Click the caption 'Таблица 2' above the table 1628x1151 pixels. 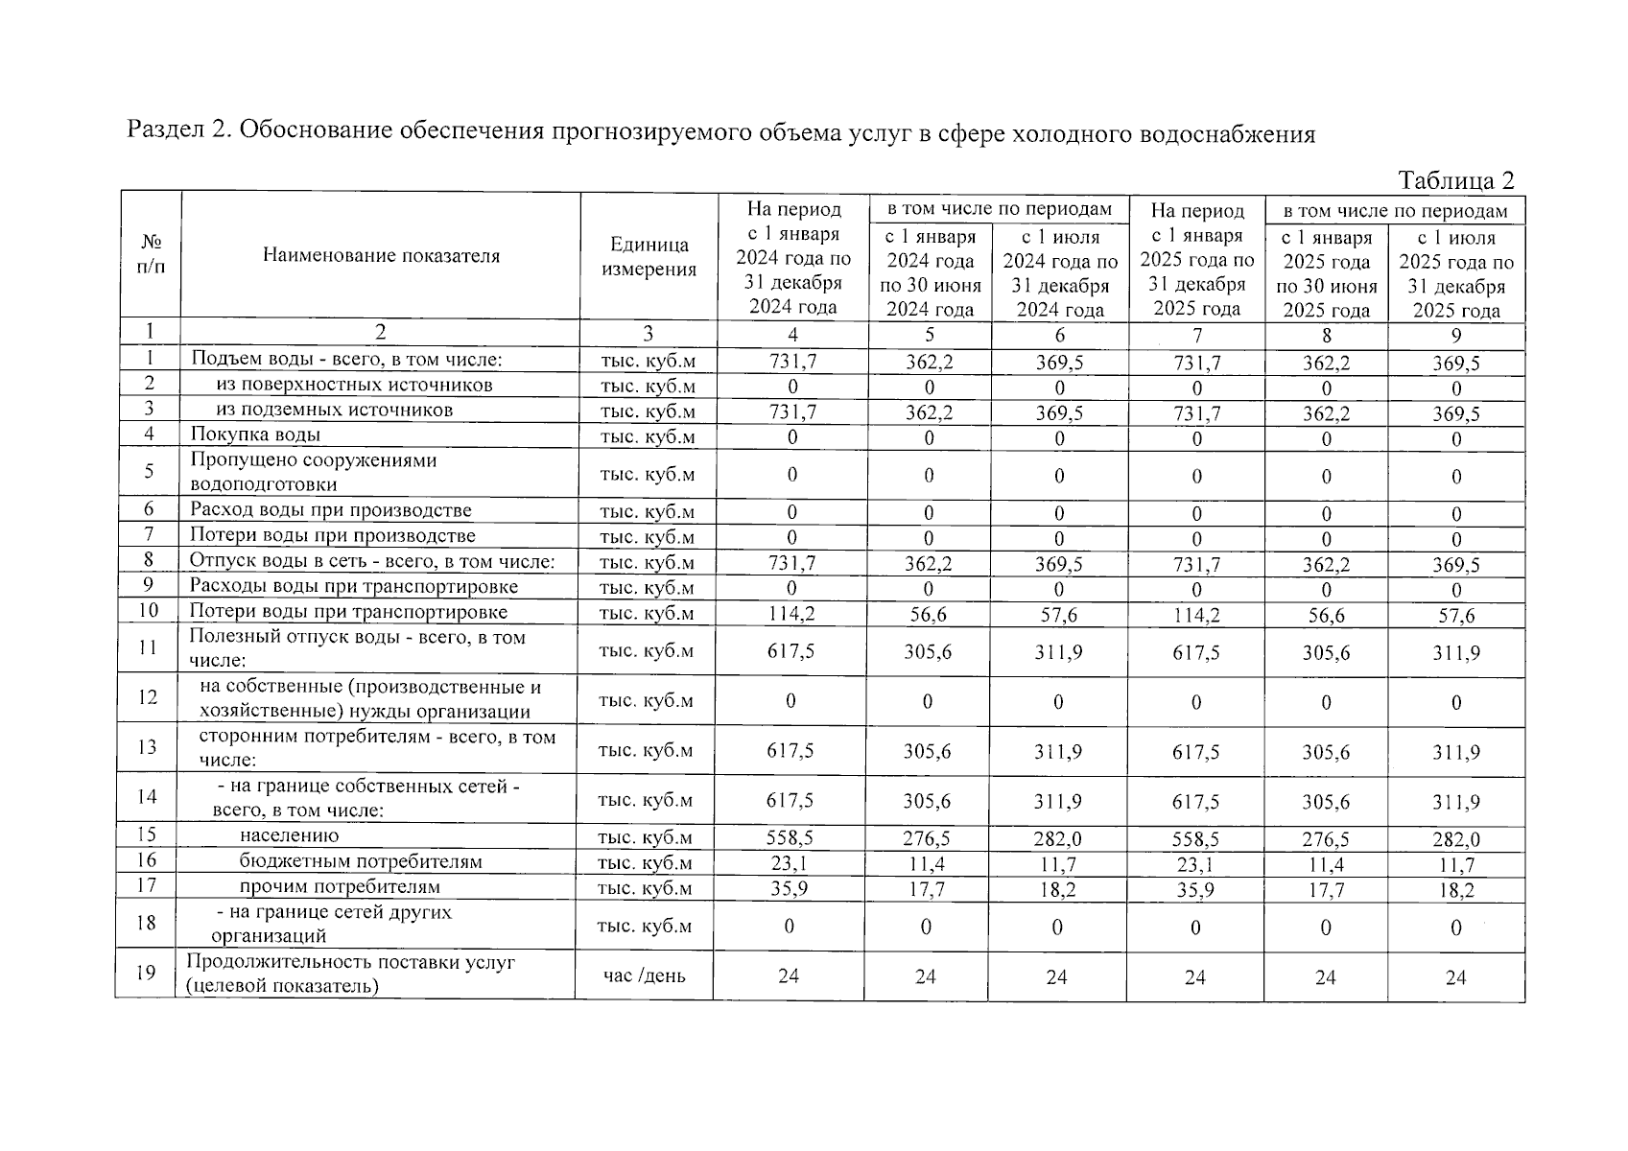[1455, 180]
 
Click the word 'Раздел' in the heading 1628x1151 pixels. [163, 131]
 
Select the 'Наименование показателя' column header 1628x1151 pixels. [381, 256]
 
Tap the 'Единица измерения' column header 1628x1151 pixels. [649, 257]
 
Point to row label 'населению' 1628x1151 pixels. [289, 836]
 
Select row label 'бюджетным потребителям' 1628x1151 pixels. [361, 861]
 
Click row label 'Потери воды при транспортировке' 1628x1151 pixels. [348, 612]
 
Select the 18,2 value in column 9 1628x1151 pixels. [1455, 891]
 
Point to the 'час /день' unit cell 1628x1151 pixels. [644, 976]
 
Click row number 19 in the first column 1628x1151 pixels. [146, 973]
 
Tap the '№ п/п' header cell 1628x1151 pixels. [151, 254]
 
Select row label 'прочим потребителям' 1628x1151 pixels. [340, 887]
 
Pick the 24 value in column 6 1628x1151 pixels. [1056, 977]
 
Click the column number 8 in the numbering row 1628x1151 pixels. [1326, 336]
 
